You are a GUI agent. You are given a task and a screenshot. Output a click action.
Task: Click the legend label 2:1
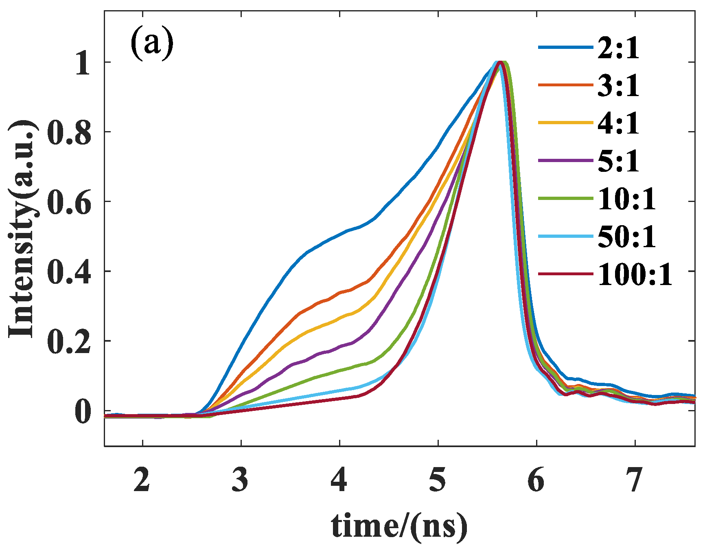click(618, 48)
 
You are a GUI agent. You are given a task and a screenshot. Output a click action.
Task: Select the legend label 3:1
click(618, 86)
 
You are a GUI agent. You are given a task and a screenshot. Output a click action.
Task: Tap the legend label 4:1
click(618, 123)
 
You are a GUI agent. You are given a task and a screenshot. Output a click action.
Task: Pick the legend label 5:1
click(618, 161)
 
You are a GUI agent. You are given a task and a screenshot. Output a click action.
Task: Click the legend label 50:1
click(627, 237)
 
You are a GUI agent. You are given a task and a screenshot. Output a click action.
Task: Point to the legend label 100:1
click(635, 274)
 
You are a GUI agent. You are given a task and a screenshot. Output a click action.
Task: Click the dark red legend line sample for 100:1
click(566, 274)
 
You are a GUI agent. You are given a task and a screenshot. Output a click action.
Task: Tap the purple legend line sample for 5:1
click(566, 161)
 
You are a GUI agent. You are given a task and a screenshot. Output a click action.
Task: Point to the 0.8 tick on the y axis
click(69, 132)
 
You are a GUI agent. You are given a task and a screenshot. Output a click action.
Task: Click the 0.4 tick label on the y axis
click(69, 272)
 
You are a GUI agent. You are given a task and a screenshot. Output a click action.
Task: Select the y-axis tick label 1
click(83, 63)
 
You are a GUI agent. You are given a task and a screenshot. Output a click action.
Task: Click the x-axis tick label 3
click(241, 479)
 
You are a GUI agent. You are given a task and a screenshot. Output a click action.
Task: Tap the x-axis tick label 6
click(536, 479)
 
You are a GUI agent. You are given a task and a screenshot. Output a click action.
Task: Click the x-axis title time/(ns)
click(399, 527)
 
